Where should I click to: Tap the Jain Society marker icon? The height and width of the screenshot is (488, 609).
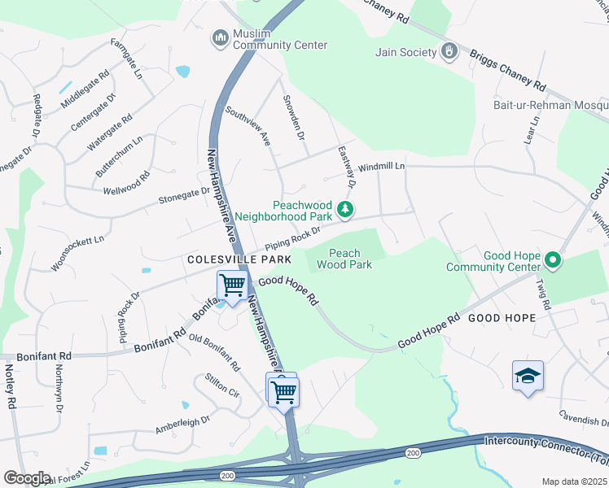coord(448,52)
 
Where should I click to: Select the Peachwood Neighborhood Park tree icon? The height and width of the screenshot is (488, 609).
coord(346,211)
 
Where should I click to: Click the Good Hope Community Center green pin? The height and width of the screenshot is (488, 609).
coord(553,261)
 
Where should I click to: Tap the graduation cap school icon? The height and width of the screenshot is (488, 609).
coord(528,376)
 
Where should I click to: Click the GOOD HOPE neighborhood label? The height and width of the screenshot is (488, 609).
coord(502,318)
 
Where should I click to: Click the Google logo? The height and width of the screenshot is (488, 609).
coord(27,478)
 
